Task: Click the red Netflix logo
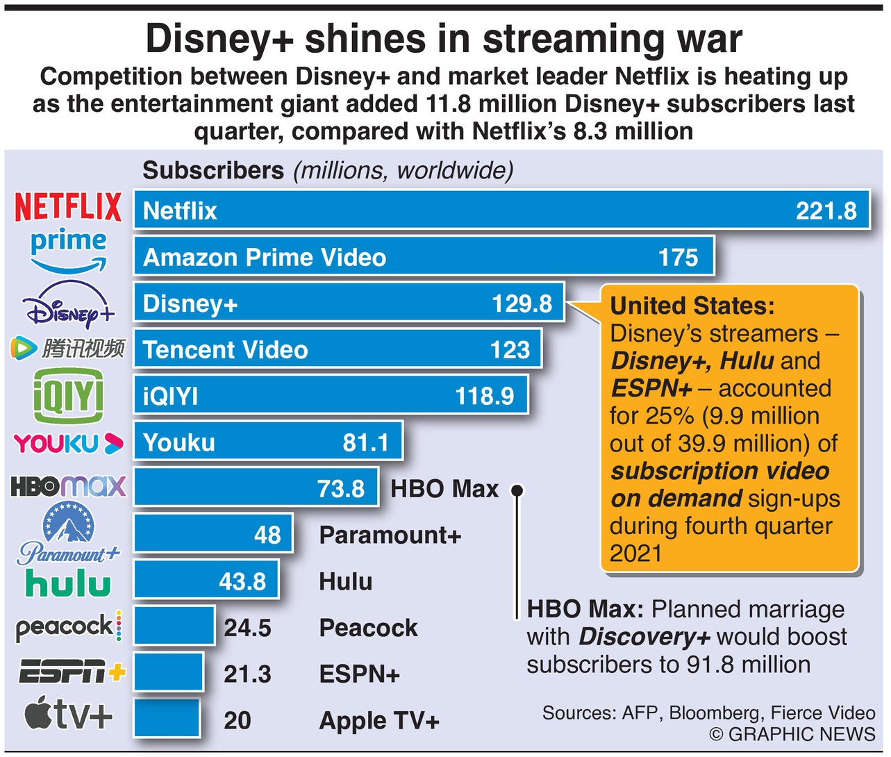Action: pyautogui.click(x=68, y=207)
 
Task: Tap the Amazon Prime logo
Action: pyautogui.click(x=68, y=250)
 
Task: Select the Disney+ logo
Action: pyautogui.click(x=67, y=306)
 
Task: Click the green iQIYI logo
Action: pyautogui.click(x=68, y=396)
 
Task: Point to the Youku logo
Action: pyautogui.click(x=68, y=443)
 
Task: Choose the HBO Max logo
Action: pyautogui.click(x=68, y=486)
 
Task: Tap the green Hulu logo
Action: pyautogui.click(x=68, y=583)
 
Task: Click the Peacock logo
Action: pyautogui.click(x=68, y=627)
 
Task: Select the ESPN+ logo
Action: pyautogui.click(x=72, y=673)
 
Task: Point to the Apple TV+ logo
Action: pyautogui.click(x=68, y=714)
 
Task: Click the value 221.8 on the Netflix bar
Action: pyautogui.click(x=826, y=211)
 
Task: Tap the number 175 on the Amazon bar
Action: pyautogui.click(x=678, y=258)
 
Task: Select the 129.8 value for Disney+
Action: pyautogui.click(x=522, y=303)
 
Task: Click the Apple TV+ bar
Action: pyautogui.click(x=167, y=719)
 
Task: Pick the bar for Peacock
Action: pyautogui.click(x=174, y=626)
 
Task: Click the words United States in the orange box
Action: pyautogui.click(x=692, y=306)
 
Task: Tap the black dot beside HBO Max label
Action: pyautogui.click(x=517, y=490)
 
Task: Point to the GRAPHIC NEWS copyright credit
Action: pyautogui.click(x=792, y=734)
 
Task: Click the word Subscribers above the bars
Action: pyautogui.click(x=213, y=170)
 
